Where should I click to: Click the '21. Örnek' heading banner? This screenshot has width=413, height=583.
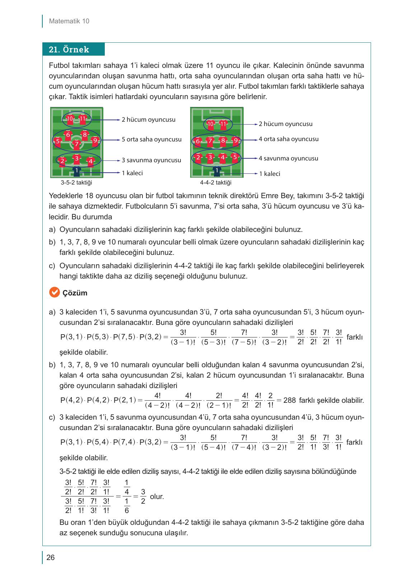pos(73,50)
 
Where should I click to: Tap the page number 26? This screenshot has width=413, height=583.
pos(51,558)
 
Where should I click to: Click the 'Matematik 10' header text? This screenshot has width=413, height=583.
pos(69,21)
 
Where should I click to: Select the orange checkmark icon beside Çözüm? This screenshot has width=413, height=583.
pos(53,293)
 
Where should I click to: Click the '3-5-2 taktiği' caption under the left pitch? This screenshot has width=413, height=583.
pos(76,182)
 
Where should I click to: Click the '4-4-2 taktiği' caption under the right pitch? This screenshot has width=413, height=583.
pos(216,182)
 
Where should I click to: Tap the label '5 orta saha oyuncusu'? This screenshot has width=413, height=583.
pos(151,139)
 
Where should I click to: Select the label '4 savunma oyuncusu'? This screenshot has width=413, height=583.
pos(288,158)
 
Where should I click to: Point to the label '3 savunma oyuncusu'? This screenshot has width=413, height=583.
pos(151,160)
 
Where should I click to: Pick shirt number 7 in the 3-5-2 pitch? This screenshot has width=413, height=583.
pos(76,144)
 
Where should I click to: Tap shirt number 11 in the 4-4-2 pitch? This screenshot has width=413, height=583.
pos(224,125)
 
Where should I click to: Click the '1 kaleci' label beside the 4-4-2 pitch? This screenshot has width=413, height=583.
pos(269,174)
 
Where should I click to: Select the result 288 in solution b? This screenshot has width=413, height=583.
pos(289,400)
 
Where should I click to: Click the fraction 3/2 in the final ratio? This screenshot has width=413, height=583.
pos(143,496)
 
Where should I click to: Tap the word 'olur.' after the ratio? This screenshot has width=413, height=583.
pos(157,497)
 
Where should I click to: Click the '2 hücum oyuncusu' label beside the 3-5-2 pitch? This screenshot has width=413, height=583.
pos(148,120)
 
